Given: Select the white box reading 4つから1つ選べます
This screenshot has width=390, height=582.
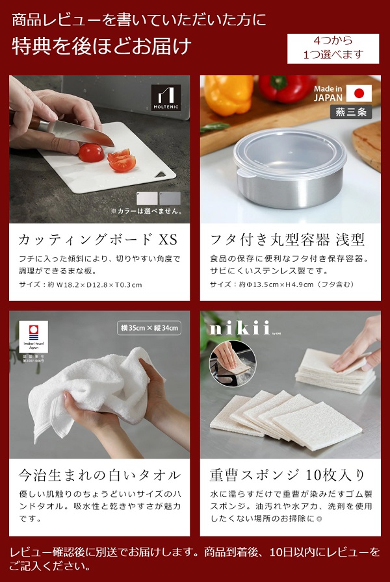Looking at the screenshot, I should (x=333, y=49).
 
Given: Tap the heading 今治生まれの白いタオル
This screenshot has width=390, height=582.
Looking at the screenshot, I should (x=97, y=475).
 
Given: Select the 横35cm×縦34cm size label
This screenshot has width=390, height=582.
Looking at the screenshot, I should (x=149, y=328).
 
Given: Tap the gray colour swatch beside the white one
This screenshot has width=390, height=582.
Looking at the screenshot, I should (x=170, y=198).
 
